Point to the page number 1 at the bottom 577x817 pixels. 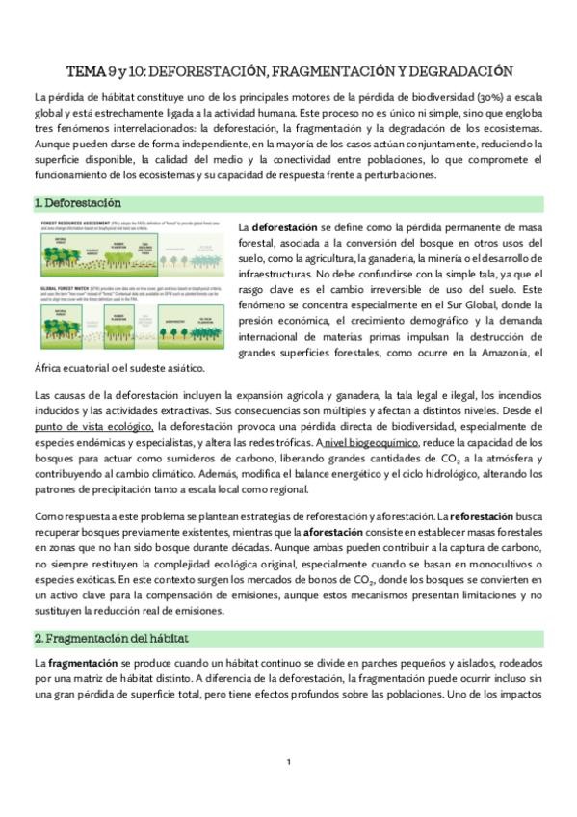tap(288, 762)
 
